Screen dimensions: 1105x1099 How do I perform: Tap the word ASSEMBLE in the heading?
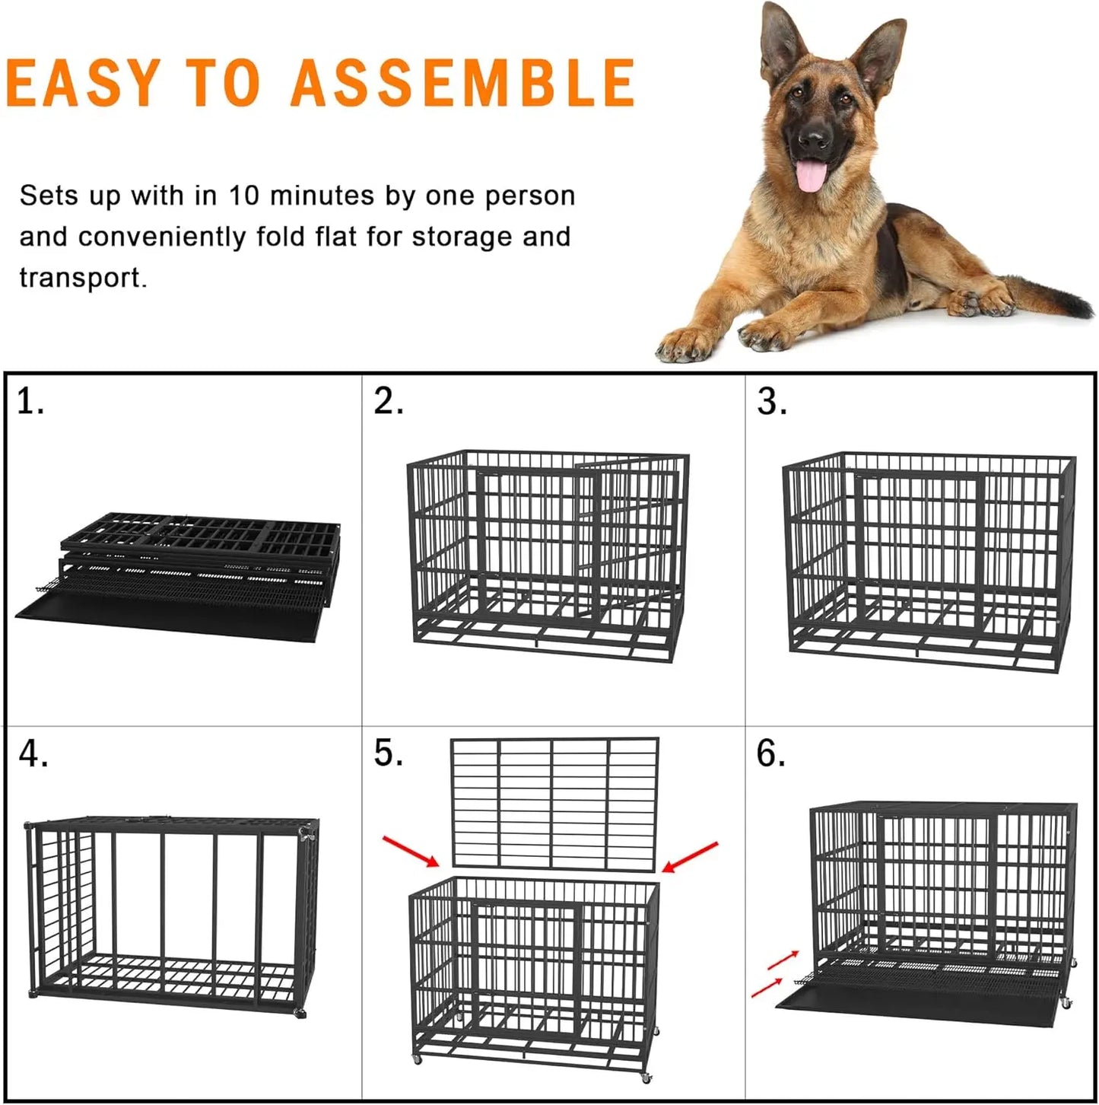(x=462, y=81)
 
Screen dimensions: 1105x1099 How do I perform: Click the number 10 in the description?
(x=245, y=196)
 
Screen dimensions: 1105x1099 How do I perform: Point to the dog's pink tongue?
(x=811, y=175)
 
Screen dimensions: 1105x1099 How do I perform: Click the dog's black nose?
(x=815, y=139)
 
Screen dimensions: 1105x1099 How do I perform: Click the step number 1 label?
(x=30, y=402)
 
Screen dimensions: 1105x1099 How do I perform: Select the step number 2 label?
(x=388, y=402)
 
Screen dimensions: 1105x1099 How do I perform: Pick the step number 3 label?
(x=771, y=402)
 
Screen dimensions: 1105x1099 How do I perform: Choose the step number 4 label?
(x=33, y=754)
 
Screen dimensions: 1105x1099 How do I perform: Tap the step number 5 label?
(x=388, y=753)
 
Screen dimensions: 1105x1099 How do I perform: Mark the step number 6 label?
(x=770, y=753)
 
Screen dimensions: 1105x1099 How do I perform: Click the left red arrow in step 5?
(x=411, y=851)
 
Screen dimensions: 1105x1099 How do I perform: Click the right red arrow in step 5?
(x=690, y=856)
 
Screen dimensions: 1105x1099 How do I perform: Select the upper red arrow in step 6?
(x=783, y=960)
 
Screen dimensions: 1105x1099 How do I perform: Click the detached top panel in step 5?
(x=554, y=803)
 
